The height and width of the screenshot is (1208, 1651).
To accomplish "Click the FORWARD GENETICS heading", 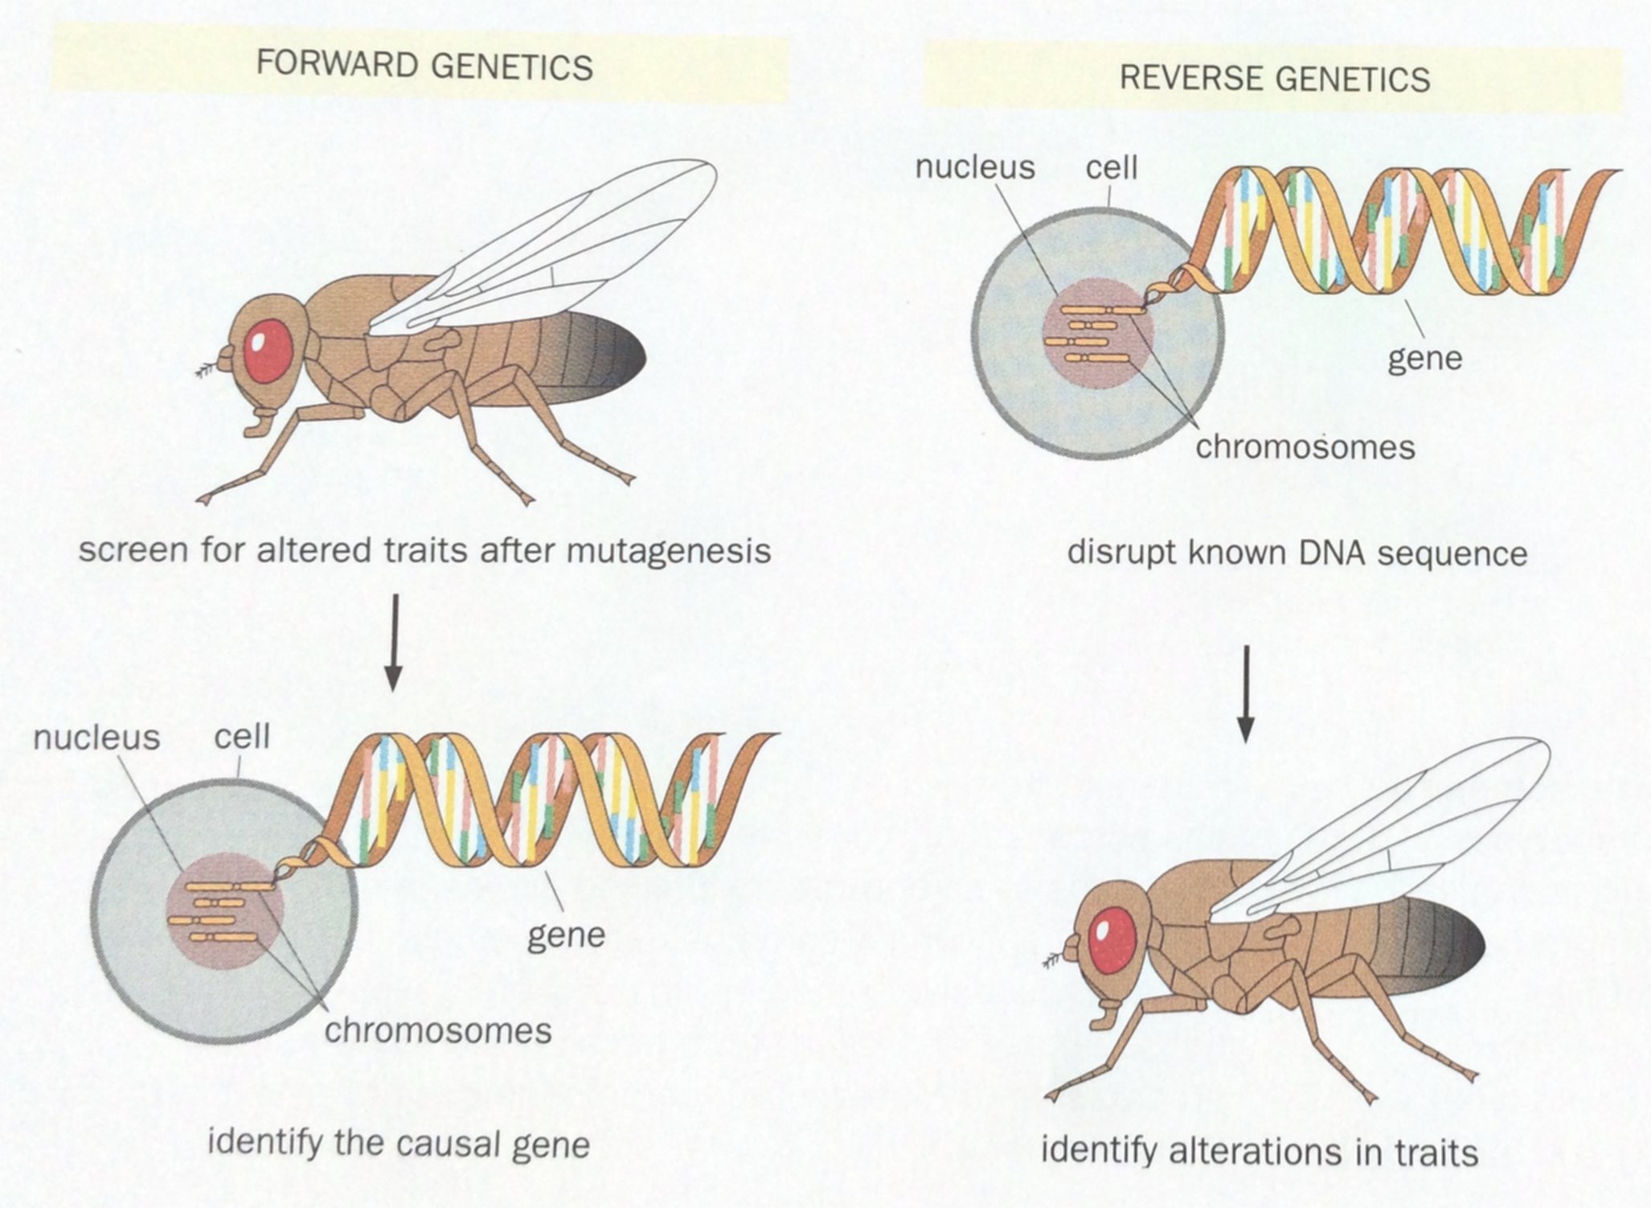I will [x=424, y=66].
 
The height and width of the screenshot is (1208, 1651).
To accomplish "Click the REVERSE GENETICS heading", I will [x=1274, y=79].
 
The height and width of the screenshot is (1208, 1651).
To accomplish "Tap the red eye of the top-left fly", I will [x=268, y=350].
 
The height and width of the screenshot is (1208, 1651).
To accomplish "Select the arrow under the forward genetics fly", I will [x=392, y=643].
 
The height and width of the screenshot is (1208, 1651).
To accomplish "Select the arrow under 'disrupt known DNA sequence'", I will [x=1245, y=693].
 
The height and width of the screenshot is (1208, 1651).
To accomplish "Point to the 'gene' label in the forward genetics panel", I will [x=566, y=935].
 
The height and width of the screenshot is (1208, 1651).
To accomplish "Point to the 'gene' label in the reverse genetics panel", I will [x=1424, y=359].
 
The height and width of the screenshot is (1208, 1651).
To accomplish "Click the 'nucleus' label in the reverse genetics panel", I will [x=975, y=167].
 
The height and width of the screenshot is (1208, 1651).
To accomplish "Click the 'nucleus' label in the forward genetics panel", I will [x=96, y=738].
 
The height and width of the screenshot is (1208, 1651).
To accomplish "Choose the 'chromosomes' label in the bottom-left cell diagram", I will [x=438, y=1030].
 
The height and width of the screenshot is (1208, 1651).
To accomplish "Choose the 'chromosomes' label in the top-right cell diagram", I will [x=1305, y=447].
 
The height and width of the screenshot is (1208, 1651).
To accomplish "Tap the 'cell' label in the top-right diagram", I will [x=1112, y=167].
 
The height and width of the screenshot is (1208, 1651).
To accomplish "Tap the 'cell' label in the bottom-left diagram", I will [x=242, y=736].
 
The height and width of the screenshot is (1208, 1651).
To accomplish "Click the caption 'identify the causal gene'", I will [x=399, y=1143].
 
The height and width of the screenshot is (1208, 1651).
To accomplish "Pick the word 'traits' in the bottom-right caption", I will [x=1436, y=1153].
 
